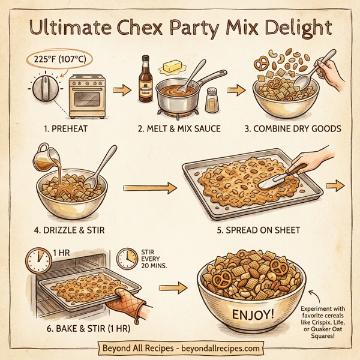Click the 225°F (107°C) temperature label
[x=60, y=61]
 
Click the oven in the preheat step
[x=88, y=96]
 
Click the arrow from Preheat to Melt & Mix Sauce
[x=122, y=91]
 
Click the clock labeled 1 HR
[x=38, y=260]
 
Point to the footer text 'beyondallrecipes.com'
[x=217, y=348]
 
